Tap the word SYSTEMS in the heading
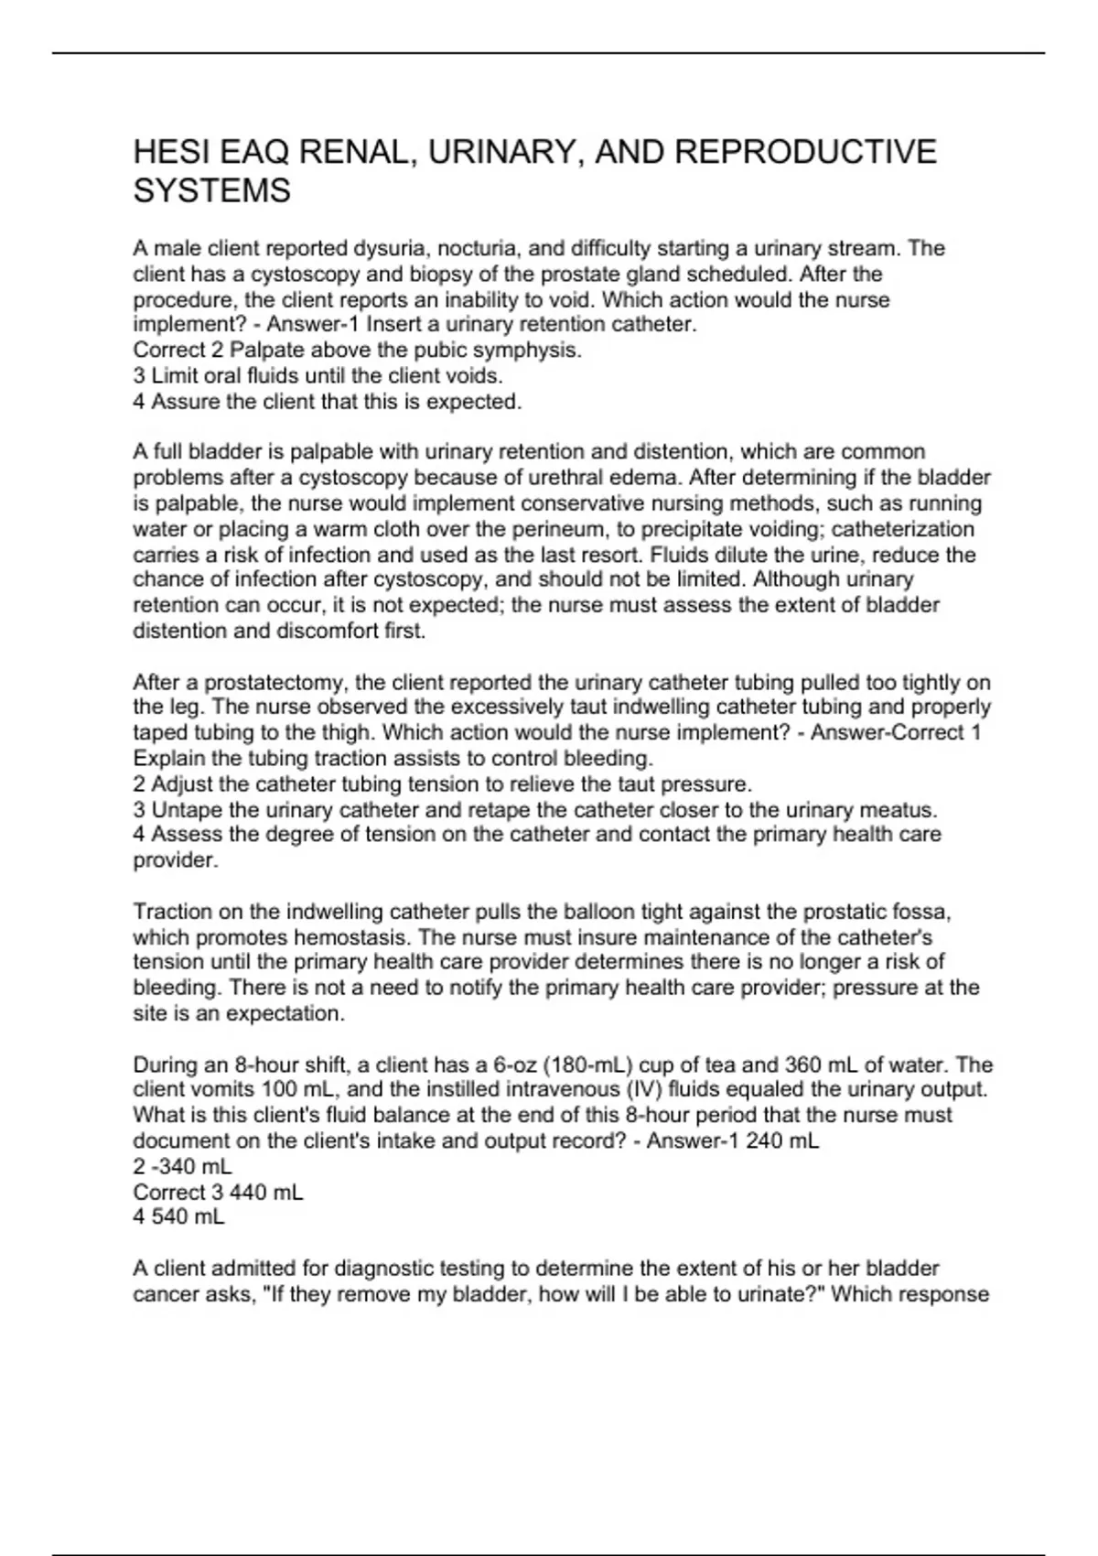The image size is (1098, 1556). coord(211,191)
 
